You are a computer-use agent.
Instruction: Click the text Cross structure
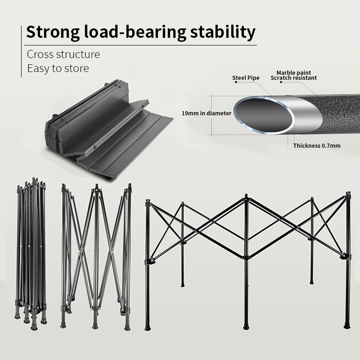click(x=63, y=55)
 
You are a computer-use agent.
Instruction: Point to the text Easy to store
click(x=58, y=68)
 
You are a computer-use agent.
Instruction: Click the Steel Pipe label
click(x=246, y=78)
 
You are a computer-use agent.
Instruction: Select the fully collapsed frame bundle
click(x=31, y=252)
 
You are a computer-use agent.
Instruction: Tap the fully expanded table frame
click(x=247, y=252)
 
